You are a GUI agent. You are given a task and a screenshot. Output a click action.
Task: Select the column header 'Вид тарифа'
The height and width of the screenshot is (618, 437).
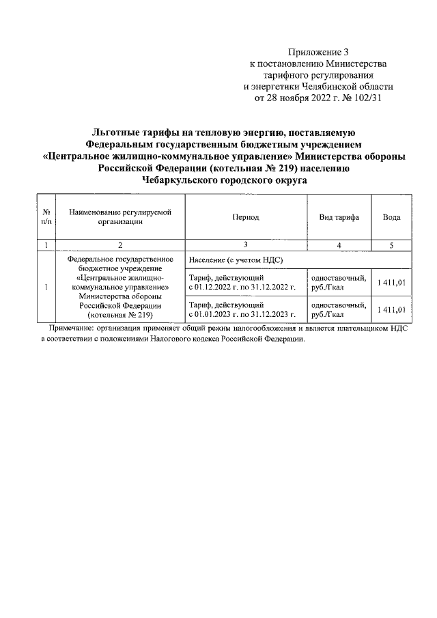tap(339, 217)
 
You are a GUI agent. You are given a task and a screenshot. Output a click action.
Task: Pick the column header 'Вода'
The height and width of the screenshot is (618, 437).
tap(391, 217)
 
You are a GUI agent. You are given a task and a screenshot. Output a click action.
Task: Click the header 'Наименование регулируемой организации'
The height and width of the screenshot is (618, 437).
tap(119, 217)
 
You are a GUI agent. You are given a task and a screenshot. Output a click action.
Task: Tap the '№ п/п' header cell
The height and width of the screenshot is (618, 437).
tap(46, 217)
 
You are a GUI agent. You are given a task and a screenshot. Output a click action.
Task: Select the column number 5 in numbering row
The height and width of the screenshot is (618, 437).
tap(391, 244)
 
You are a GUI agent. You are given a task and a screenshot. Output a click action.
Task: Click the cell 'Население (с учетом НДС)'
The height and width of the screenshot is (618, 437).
tap(236, 260)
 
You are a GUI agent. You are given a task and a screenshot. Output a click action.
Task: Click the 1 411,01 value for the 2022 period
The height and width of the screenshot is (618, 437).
tap(392, 283)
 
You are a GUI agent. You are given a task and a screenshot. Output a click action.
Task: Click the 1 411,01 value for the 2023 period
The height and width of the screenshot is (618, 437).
tap(392, 309)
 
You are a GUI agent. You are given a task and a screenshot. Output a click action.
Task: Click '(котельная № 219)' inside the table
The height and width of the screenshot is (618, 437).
tap(119, 315)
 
